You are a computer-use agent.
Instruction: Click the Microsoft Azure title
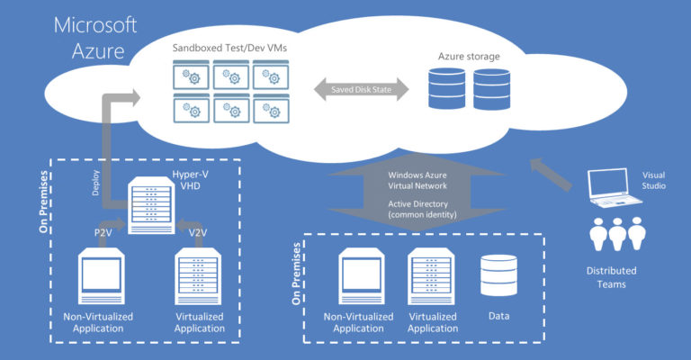(x=95, y=38)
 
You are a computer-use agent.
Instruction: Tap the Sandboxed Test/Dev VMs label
(x=229, y=48)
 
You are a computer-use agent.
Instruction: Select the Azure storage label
(x=469, y=57)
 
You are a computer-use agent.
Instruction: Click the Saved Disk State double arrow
(x=362, y=89)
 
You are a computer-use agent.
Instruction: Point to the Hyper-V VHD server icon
(x=151, y=205)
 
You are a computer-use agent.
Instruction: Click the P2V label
(x=103, y=233)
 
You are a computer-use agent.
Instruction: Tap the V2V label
(x=198, y=233)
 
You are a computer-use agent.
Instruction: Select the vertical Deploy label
(x=95, y=183)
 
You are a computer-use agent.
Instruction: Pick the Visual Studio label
(x=653, y=181)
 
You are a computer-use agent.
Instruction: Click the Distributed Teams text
(x=611, y=277)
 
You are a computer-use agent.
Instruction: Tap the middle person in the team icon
(x=617, y=234)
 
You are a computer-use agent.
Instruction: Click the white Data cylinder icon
(x=498, y=275)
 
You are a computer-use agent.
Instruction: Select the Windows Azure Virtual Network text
(x=417, y=181)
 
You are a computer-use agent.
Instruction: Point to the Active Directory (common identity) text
(x=422, y=210)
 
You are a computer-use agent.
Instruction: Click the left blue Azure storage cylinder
(x=446, y=88)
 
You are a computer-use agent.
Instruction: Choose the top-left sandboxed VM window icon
(x=192, y=75)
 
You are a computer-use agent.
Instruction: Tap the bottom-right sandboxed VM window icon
(x=271, y=108)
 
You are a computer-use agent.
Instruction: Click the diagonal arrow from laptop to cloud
(x=551, y=175)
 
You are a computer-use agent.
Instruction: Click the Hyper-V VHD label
(x=191, y=180)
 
